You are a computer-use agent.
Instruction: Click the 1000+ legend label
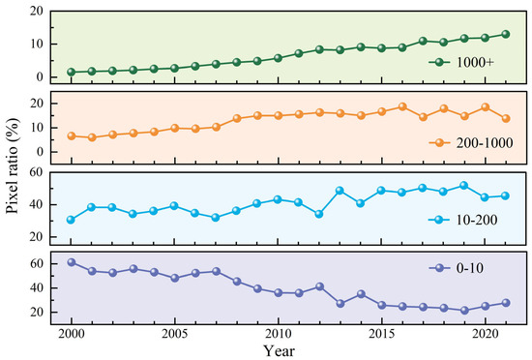point(475,63)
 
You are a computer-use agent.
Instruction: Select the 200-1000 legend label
point(485,143)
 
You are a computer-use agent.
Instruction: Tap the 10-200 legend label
point(477,220)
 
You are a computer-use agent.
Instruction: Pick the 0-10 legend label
point(470,268)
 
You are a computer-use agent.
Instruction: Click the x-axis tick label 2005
point(175,334)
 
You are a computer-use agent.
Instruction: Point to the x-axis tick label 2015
point(382,334)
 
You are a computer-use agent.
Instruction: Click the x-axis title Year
point(280,351)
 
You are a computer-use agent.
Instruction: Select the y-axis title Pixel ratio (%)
point(13,166)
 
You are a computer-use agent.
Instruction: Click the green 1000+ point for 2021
point(506,34)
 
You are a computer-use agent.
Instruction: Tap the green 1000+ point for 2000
point(72,72)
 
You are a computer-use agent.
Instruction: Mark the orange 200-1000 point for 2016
point(402,106)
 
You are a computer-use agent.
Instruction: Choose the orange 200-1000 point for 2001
point(92,137)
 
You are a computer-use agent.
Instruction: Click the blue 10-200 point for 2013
point(340,191)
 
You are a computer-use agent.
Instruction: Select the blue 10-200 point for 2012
point(319,214)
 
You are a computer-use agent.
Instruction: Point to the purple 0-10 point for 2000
point(72,262)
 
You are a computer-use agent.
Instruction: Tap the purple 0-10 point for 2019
point(464,311)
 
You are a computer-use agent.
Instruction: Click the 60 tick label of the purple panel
point(37,263)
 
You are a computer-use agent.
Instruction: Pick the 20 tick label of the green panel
point(37,12)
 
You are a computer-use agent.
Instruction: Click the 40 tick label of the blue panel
point(37,204)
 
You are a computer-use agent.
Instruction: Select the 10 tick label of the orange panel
point(37,128)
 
